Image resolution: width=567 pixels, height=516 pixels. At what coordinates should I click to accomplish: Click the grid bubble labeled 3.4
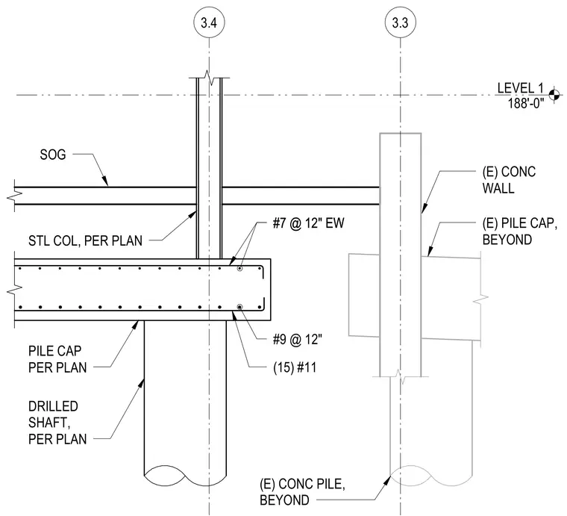tap(209, 22)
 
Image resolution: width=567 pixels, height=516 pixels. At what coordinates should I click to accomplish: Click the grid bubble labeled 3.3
tap(401, 22)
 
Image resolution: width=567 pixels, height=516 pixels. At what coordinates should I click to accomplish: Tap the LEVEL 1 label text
tap(520, 88)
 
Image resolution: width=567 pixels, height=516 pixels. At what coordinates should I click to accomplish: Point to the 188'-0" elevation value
tap(526, 104)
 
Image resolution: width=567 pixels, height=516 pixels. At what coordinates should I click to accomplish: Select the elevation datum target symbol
tap(554, 95)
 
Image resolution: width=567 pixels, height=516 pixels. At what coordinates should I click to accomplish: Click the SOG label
tap(53, 155)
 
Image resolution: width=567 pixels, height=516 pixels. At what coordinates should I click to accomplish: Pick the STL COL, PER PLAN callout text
tap(85, 241)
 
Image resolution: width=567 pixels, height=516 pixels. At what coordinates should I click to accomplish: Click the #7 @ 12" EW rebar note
tap(308, 223)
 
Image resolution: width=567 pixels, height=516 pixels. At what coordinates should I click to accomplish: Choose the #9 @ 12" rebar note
tap(297, 340)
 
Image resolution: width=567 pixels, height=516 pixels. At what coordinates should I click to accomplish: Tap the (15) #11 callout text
tap(295, 367)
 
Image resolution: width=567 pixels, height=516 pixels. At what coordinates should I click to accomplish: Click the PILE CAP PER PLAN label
tap(57, 359)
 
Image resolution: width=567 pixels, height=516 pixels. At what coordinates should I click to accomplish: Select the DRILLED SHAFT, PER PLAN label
tap(57, 423)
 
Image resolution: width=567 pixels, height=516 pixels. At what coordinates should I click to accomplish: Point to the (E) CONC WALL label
tap(509, 180)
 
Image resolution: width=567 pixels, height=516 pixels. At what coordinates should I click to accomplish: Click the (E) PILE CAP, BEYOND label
tap(520, 231)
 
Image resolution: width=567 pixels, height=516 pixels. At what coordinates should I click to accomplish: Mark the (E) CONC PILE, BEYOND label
tap(302, 492)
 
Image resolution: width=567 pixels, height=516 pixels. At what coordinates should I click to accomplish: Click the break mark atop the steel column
tap(210, 77)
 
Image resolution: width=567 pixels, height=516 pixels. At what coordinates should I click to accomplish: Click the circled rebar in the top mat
tap(239, 269)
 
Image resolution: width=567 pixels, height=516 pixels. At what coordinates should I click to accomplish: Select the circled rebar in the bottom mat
tap(239, 307)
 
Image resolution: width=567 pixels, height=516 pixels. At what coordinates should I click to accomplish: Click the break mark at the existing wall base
tap(401, 376)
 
